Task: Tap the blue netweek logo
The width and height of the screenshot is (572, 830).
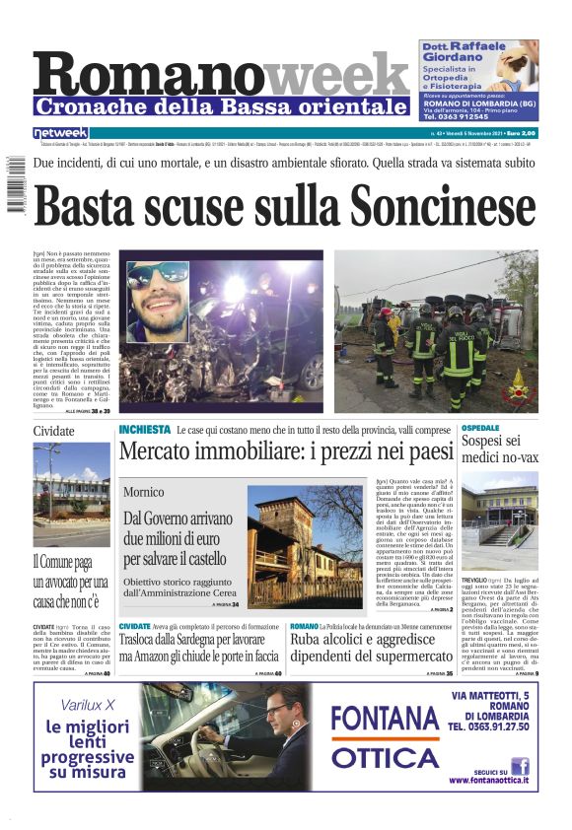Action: coord(60,133)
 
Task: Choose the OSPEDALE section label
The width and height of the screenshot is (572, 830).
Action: coord(480,428)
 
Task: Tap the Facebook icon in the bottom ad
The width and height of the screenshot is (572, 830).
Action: coord(520,765)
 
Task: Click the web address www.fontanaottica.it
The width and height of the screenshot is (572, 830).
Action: coord(488,780)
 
